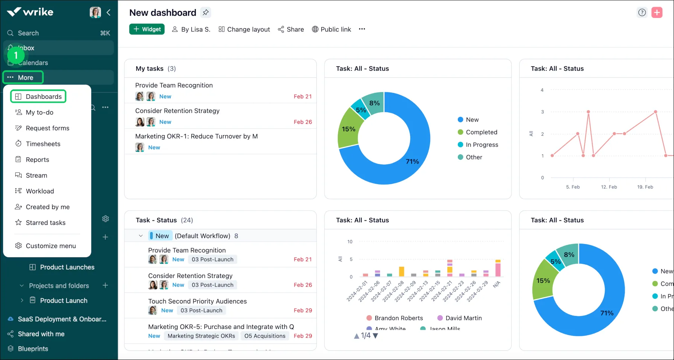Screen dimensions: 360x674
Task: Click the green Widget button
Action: [x=147, y=29]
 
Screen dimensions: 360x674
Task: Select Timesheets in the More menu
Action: [x=43, y=144]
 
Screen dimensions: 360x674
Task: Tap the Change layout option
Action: [x=244, y=29]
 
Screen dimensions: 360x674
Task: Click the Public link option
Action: [x=331, y=29]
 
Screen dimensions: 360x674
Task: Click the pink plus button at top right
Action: [x=657, y=12]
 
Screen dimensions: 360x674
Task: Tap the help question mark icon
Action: [x=642, y=12]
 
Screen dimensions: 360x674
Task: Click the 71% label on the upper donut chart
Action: [x=412, y=161]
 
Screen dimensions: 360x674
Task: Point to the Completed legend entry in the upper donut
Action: [x=481, y=132]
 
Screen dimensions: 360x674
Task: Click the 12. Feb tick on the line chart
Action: [x=609, y=187]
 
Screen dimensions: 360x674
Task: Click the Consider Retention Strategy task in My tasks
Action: [x=177, y=111]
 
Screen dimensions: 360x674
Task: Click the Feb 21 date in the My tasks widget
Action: [x=303, y=97]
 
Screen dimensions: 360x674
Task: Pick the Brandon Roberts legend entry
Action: [x=398, y=318]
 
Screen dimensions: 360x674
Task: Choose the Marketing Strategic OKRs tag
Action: [x=201, y=336]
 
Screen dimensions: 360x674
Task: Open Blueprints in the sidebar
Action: [x=33, y=349]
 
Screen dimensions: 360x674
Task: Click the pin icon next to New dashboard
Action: [x=205, y=13]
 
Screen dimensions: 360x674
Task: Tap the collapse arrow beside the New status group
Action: [x=141, y=236]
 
